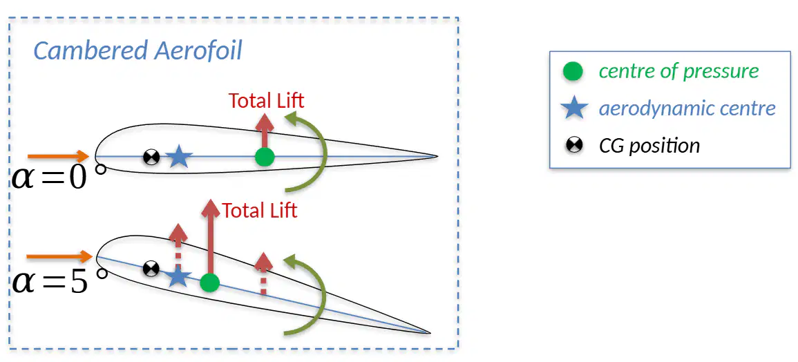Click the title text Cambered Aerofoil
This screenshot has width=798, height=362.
(x=137, y=51)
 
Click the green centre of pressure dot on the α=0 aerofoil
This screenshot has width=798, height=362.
(x=264, y=157)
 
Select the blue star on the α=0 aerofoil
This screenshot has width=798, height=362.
(x=178, y=157)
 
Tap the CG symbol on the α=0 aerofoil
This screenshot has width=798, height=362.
(x=151, y=158)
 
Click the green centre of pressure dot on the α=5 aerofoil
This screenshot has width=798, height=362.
(x=209, y=283)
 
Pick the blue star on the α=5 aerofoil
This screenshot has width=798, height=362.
(x=178, y=276)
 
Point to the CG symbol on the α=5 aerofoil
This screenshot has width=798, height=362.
(x=151, y=268)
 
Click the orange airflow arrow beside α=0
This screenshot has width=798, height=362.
(x=59, y=156)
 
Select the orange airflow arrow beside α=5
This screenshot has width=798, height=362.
(x=59, y=256)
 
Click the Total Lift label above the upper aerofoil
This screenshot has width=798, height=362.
(x=266, y=100)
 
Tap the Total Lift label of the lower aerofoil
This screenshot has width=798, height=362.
(x=260, y=210)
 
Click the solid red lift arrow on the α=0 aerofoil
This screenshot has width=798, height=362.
(x=264, y=131)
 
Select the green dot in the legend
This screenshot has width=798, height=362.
(x=573, y=71)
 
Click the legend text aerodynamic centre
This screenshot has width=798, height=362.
(x=687, y=108)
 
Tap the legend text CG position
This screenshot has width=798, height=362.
(x=649, y=146)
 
